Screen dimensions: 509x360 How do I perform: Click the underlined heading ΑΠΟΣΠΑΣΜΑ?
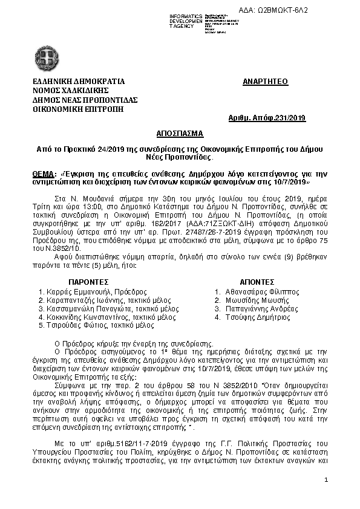point(180,133)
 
